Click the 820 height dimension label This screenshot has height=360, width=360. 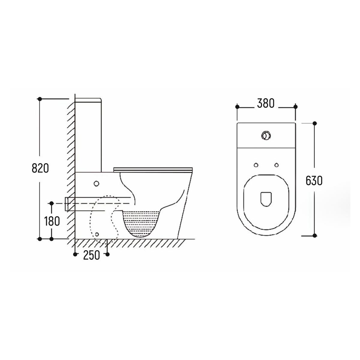pos(40,168)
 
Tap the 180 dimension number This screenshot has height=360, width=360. pos(52,221)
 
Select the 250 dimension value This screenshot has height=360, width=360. pos(91,255)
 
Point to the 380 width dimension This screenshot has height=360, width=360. pos(266,103)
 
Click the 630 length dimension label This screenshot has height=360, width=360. pos(314,181)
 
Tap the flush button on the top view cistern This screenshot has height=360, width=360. pos(266,135)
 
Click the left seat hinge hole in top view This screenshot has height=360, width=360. pos(256,165)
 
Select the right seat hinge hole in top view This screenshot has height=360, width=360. pos(277,165)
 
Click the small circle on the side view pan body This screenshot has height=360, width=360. pos(96,184)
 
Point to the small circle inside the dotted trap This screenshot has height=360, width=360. pos(97,234)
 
